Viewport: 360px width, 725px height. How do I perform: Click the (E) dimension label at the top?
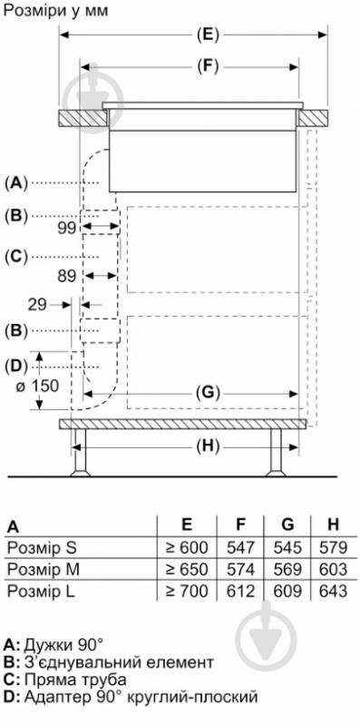(207, 34)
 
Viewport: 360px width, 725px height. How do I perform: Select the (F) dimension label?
(207, 67)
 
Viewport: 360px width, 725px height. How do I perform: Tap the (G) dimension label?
(207, 394)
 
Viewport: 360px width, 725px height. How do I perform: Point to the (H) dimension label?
(207, 446)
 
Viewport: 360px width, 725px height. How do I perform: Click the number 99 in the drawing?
(68, 228)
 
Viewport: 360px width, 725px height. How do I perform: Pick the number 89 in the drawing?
(67, 276)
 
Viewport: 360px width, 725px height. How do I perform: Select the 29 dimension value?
(37, 305)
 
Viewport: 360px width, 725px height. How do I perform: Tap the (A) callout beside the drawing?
(16, 183)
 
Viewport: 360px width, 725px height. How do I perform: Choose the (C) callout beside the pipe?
(16, 257)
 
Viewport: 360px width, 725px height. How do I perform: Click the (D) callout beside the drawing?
(16, 367)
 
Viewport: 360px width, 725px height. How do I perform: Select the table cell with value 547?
(241, 547)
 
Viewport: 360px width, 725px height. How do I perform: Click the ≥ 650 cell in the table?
(187, 569)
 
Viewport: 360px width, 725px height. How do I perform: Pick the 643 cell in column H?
(333, 591)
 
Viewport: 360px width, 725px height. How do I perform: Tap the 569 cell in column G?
(287, 569)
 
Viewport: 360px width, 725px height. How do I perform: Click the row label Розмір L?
(42, 591)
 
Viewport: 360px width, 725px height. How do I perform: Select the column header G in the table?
(287, 524)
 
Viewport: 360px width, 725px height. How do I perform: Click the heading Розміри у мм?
(55, 11)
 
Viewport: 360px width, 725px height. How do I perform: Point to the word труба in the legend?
(100, 681)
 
